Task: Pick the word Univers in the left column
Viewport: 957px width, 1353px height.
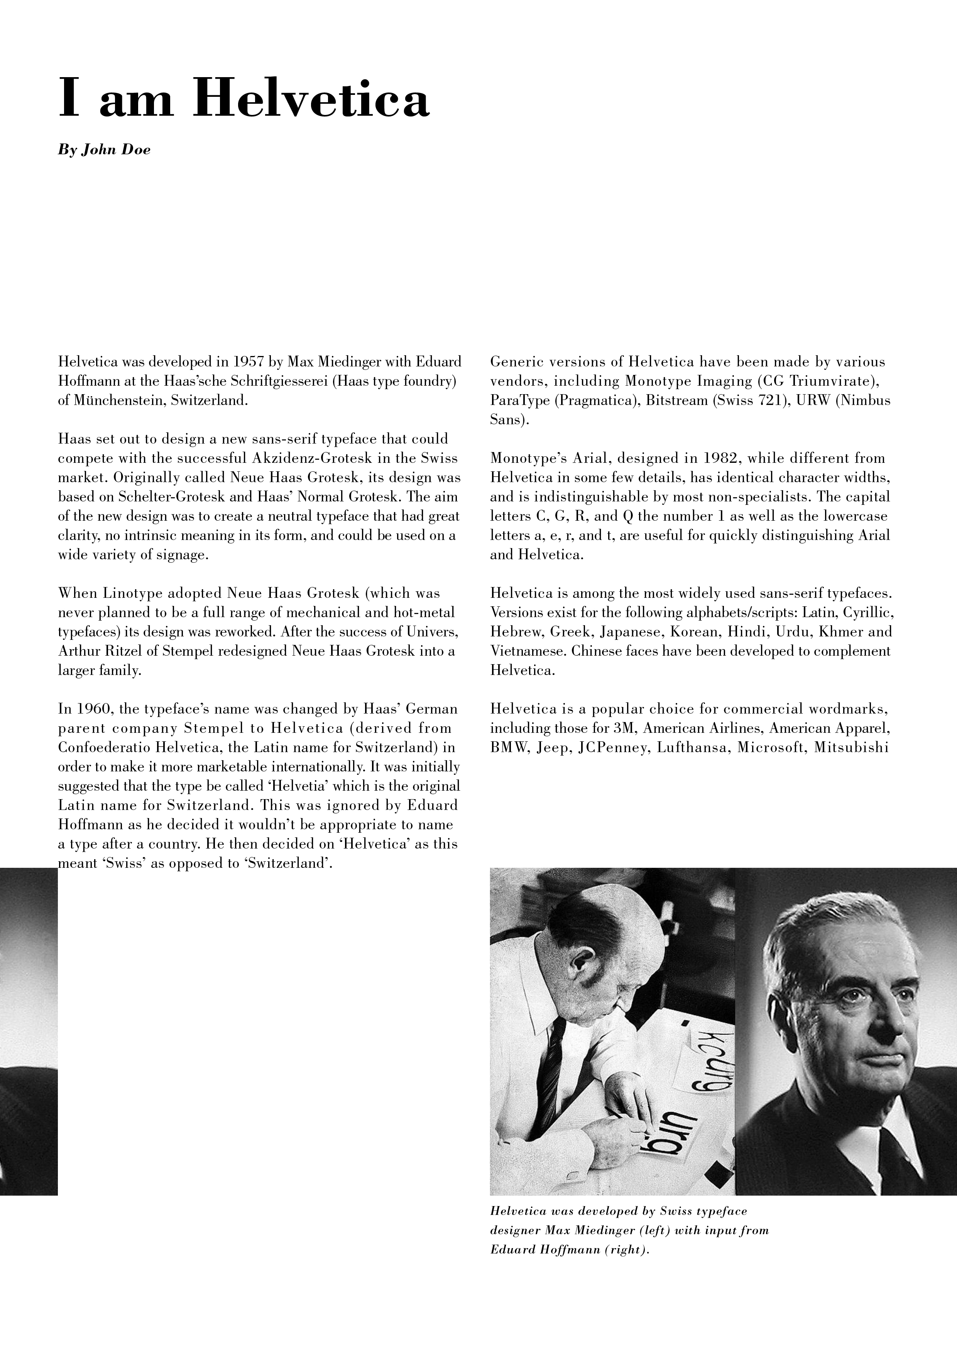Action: point(430,632)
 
